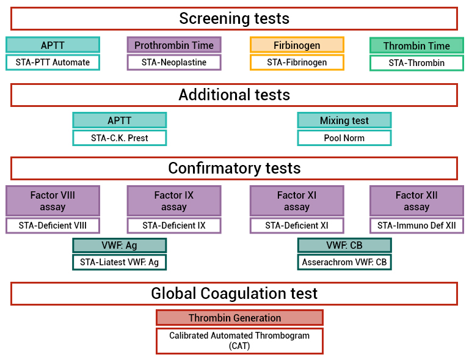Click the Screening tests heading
[234, 18]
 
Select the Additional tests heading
[234, 95]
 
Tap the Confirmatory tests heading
[234, 168]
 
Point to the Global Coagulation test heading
[234, 293]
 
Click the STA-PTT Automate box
[53, 62]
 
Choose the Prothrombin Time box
[174, 45]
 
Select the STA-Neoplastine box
[174, 62]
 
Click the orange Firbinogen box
[297, 45]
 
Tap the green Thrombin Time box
[416, 46]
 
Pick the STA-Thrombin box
[416, 63]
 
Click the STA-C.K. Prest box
[120, 138]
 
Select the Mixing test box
[344, 120]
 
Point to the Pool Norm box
[344, 138]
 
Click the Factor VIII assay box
[53, 201]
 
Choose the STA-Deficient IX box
[174, 226]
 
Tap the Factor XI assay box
[297, 201]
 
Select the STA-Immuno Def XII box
[416, 226]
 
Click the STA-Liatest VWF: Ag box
[120, 262]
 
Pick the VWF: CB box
[344, 245]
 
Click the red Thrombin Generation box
[239, 318]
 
